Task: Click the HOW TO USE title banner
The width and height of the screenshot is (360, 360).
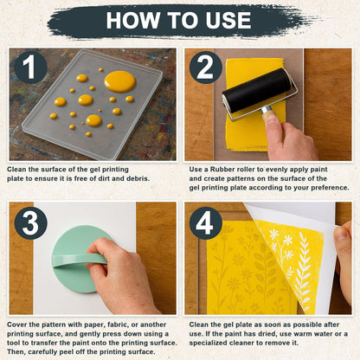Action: pos(180,20)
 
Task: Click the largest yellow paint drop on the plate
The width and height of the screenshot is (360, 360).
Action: pos(119,81)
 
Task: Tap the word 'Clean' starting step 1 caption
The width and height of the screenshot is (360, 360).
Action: pos(19,169)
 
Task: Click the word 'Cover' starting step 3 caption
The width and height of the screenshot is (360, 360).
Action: pos(19,325)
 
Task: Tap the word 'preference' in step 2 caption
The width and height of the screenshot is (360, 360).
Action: pos(325,188)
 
